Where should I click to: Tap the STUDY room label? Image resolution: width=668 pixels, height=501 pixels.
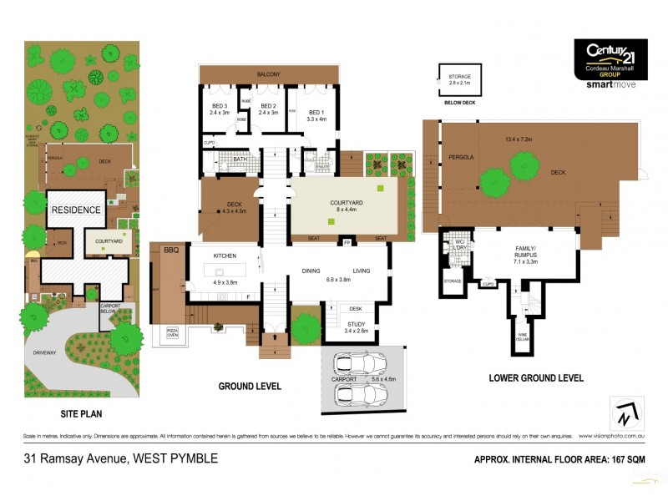[x=355, y=323]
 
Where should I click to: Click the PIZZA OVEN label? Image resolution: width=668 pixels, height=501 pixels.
[x=173, y=333]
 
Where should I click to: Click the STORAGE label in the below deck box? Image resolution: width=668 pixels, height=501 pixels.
[x=460, y=77]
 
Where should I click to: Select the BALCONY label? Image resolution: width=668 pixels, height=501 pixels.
[x=269, y=74]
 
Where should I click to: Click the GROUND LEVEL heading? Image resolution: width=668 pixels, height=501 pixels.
[x=250, y=387]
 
